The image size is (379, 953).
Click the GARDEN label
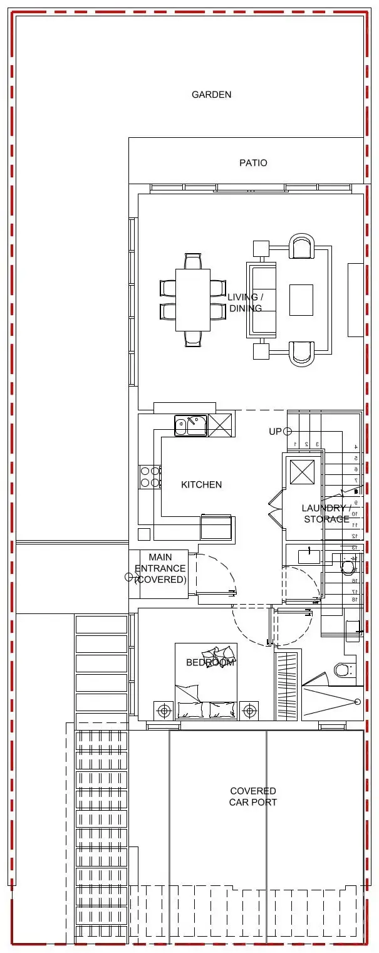pos(211,95)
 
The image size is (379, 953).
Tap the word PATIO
pos(253,163)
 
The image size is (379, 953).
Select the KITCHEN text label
pos(201,484)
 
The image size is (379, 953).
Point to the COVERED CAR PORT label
pos(253,796)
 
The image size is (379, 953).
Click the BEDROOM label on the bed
pos(210,662)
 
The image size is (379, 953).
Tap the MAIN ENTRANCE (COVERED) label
pos(160,568)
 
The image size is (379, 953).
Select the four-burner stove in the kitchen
pos(149,476)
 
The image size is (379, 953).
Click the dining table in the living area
pos(192,299)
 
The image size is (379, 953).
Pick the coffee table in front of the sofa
pos(301,299)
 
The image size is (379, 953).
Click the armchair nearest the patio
pos(301,246)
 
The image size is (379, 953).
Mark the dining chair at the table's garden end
pos(193,261)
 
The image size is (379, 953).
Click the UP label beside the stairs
pos(275,431)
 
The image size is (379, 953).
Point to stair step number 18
pos(355,600)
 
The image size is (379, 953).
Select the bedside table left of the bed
pos(164,711)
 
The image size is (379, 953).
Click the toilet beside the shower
pos(343,670)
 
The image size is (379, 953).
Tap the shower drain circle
pos(358,701)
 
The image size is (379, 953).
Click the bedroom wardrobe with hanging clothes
pos(286,686)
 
